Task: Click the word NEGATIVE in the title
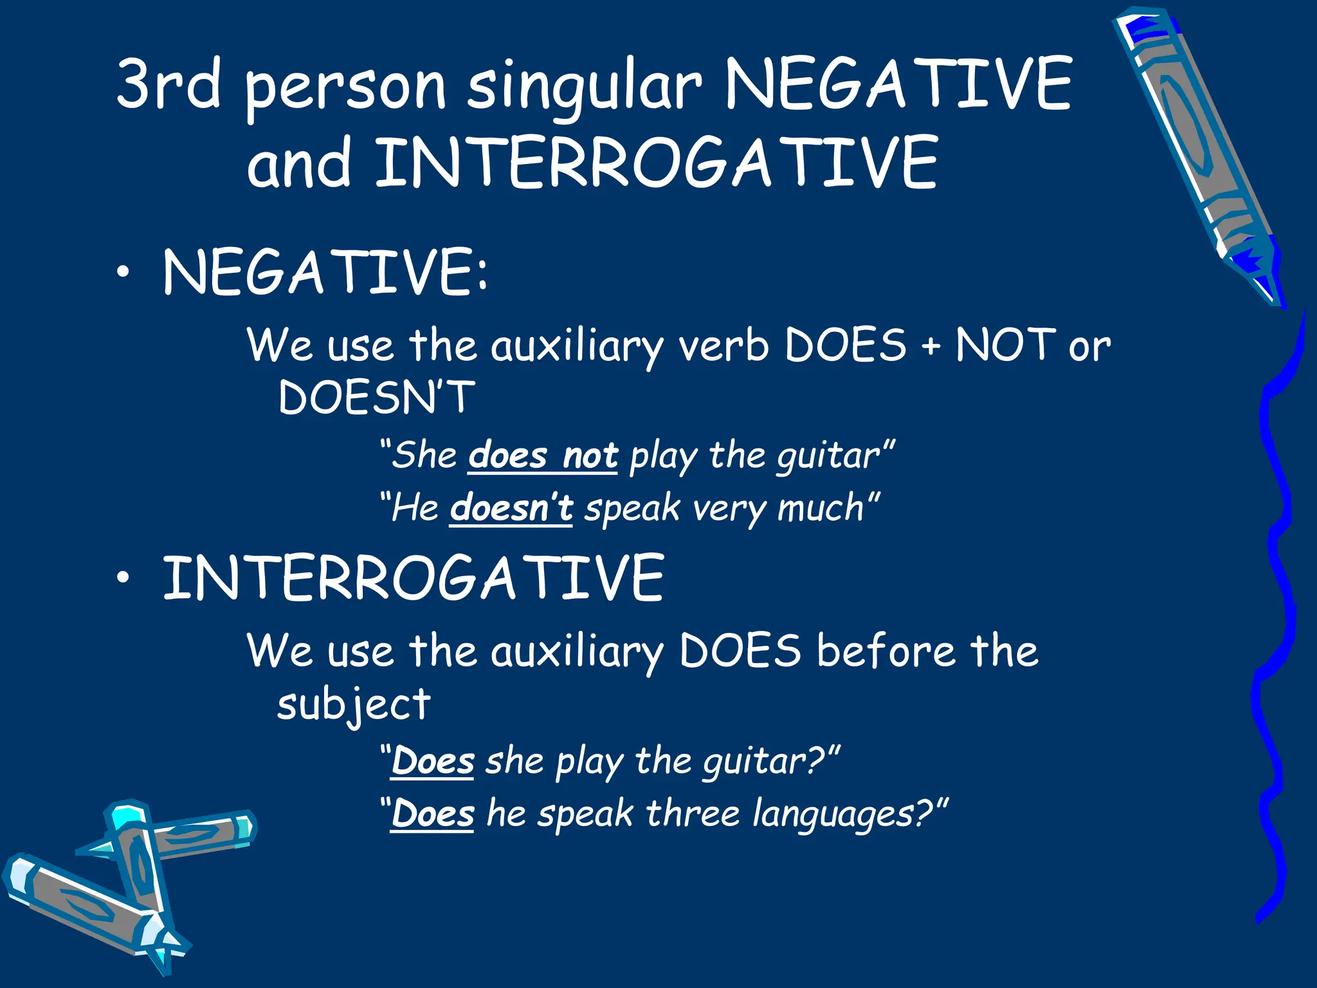(898, 84)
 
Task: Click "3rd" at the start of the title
(168, 84)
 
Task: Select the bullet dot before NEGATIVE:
(123, 273)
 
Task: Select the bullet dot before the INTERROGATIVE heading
(123, 578)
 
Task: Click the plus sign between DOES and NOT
(930, 347)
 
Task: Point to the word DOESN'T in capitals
(377, 397)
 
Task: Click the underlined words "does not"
(543, 455)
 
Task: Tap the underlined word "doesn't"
(511, 508)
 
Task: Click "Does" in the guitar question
(432, 762)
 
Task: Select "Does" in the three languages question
(432, 814)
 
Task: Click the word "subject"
(354, 704)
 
